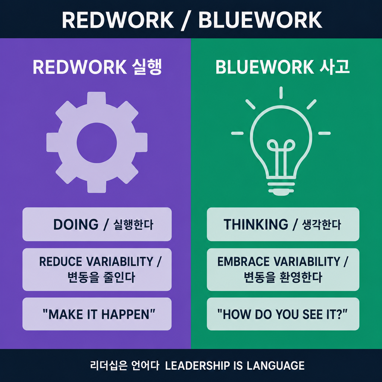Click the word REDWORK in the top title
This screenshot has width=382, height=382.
[118, 20]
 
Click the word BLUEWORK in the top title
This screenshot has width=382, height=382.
[260, 20]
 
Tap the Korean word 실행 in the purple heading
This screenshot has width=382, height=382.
[147, 67]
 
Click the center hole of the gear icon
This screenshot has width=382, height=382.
[97, 143]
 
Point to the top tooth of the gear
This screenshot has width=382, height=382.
[97, 98]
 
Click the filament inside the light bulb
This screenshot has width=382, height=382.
[281, 158]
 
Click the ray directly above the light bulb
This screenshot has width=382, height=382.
[281, 93]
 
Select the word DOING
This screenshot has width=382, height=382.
[76, 224]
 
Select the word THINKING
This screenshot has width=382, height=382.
[256, 224]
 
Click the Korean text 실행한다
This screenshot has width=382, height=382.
[133, 225]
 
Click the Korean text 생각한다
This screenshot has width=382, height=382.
[321, 225]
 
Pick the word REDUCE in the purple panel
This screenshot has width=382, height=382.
[61, 262]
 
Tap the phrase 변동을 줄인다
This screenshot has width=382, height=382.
[101, 277]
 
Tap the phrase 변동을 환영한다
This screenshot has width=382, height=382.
[283, 277]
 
